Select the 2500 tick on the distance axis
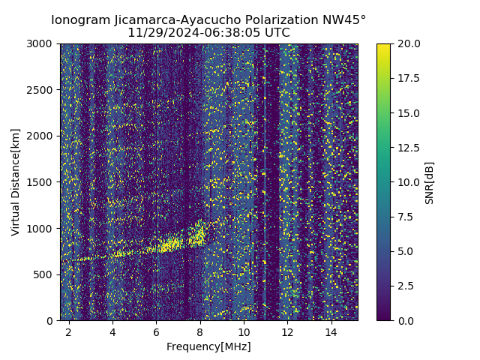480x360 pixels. (41, 90)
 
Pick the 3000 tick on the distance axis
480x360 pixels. (41, 43)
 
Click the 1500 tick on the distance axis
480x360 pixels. (41, 182)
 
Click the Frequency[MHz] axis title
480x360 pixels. (208, 346)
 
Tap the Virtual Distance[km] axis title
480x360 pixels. (16, 182)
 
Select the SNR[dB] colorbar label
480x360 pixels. (430, 182)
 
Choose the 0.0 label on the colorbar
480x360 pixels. (406, 320)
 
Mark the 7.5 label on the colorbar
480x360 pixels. (406, 217)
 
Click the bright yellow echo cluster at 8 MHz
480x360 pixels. (199, 234)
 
